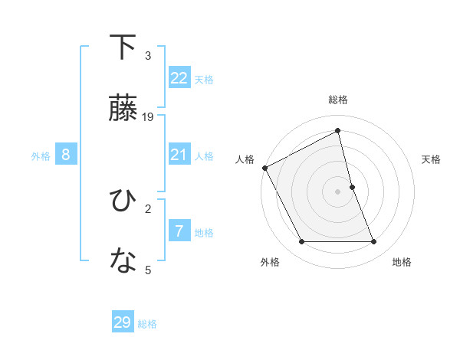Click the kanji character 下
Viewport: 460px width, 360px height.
[x=123, y=47]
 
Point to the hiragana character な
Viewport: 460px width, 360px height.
[x=123, y=262]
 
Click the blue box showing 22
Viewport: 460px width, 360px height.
[x=179, y=78]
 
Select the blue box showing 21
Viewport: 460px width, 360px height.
[x=179, y=155]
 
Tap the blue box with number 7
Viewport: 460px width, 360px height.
[x=179, y=232]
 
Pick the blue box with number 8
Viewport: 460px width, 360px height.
[x=66, y=155]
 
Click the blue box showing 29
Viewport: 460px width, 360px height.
[x=123, y=322]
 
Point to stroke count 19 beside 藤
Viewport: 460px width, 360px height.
[x=149, y=117]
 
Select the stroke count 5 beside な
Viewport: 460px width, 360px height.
[x=148, y=270]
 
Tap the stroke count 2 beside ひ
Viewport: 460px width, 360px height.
[x=148, y=208]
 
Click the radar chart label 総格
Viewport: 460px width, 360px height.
[x=338, y=100]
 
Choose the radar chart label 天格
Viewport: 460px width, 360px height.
[x=432, y=159]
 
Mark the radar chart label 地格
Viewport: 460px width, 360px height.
[x=402, y=262]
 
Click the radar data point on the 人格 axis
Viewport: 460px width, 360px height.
[x=265, y=168]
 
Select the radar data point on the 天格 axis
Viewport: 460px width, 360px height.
[x=352, y=187]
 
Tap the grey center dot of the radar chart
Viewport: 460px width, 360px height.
[x=338, y=191]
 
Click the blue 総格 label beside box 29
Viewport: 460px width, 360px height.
[x=147, y=324]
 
